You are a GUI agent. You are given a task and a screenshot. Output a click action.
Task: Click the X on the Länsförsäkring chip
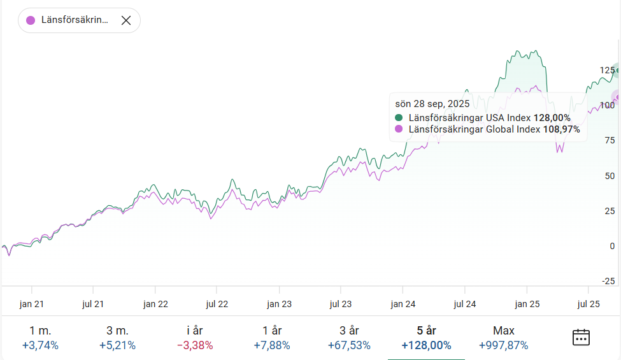(126, 20)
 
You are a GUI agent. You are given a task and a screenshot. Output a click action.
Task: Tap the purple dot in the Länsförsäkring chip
(31, 20)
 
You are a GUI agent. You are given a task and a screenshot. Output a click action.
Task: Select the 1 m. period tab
(40, 338)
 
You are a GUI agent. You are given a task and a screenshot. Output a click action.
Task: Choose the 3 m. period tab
(117, 338)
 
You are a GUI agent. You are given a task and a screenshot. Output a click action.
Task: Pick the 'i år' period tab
(195, 338)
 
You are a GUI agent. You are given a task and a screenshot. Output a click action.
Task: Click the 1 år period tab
(272, 338)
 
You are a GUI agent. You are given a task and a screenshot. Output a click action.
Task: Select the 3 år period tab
(349, 338)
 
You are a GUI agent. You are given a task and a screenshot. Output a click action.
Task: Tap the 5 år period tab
(426, 338)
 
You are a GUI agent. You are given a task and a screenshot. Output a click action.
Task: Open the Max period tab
(504, 338)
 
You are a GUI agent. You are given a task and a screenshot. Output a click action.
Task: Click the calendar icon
(581, 337)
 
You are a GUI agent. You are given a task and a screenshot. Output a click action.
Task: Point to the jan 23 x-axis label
(279, 305)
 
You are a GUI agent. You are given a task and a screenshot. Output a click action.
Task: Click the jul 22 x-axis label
(217, 305)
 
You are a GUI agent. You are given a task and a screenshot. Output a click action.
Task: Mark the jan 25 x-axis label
(527, 305)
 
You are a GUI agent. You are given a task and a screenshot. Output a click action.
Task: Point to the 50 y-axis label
(610, 176)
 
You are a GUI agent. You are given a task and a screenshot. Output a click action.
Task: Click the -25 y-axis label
(608, 281)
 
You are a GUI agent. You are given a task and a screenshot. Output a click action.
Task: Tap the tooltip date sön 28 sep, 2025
(432, 104)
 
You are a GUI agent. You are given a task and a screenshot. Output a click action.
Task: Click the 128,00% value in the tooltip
(552, 118)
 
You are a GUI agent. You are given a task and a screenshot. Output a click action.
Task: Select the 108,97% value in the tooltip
(561, 129)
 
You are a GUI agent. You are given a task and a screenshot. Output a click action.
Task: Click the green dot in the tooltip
(399, 118)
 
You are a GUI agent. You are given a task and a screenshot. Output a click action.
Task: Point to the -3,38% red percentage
(195, 346)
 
